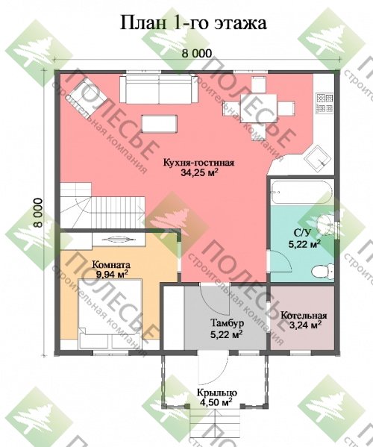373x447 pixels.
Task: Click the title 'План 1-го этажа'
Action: (x=193, y=23)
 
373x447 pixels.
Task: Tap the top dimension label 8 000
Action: (x=197, y=53)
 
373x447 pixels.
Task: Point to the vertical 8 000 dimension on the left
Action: (x=37, y=213)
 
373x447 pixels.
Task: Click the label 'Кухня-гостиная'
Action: (x=198, y=163)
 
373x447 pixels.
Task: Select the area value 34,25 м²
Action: (x=199, y=172)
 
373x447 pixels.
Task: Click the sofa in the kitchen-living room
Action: (x=159, y=89)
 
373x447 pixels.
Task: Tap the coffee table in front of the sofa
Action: (x=160, y=124)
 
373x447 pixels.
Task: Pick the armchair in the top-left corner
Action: (x=86, y=93)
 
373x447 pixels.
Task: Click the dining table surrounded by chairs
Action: (x=259, y=108)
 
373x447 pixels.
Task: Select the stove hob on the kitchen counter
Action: (x=325, y=102)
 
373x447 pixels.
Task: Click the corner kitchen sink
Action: (x=319, y=158)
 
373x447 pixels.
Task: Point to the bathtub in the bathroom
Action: (x=301, y=192)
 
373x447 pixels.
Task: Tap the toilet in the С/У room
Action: (x=322, y=272)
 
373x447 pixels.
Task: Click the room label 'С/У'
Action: (x=302, y=233)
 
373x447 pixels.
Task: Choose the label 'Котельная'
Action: (x=304, y=316)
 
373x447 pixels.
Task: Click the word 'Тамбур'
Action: (x=227, y=322)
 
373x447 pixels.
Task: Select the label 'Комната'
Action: (x=111, y=265)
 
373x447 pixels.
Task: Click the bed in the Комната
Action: (x=110, y=314)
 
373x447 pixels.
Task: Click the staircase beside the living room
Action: (x=102, y=205)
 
